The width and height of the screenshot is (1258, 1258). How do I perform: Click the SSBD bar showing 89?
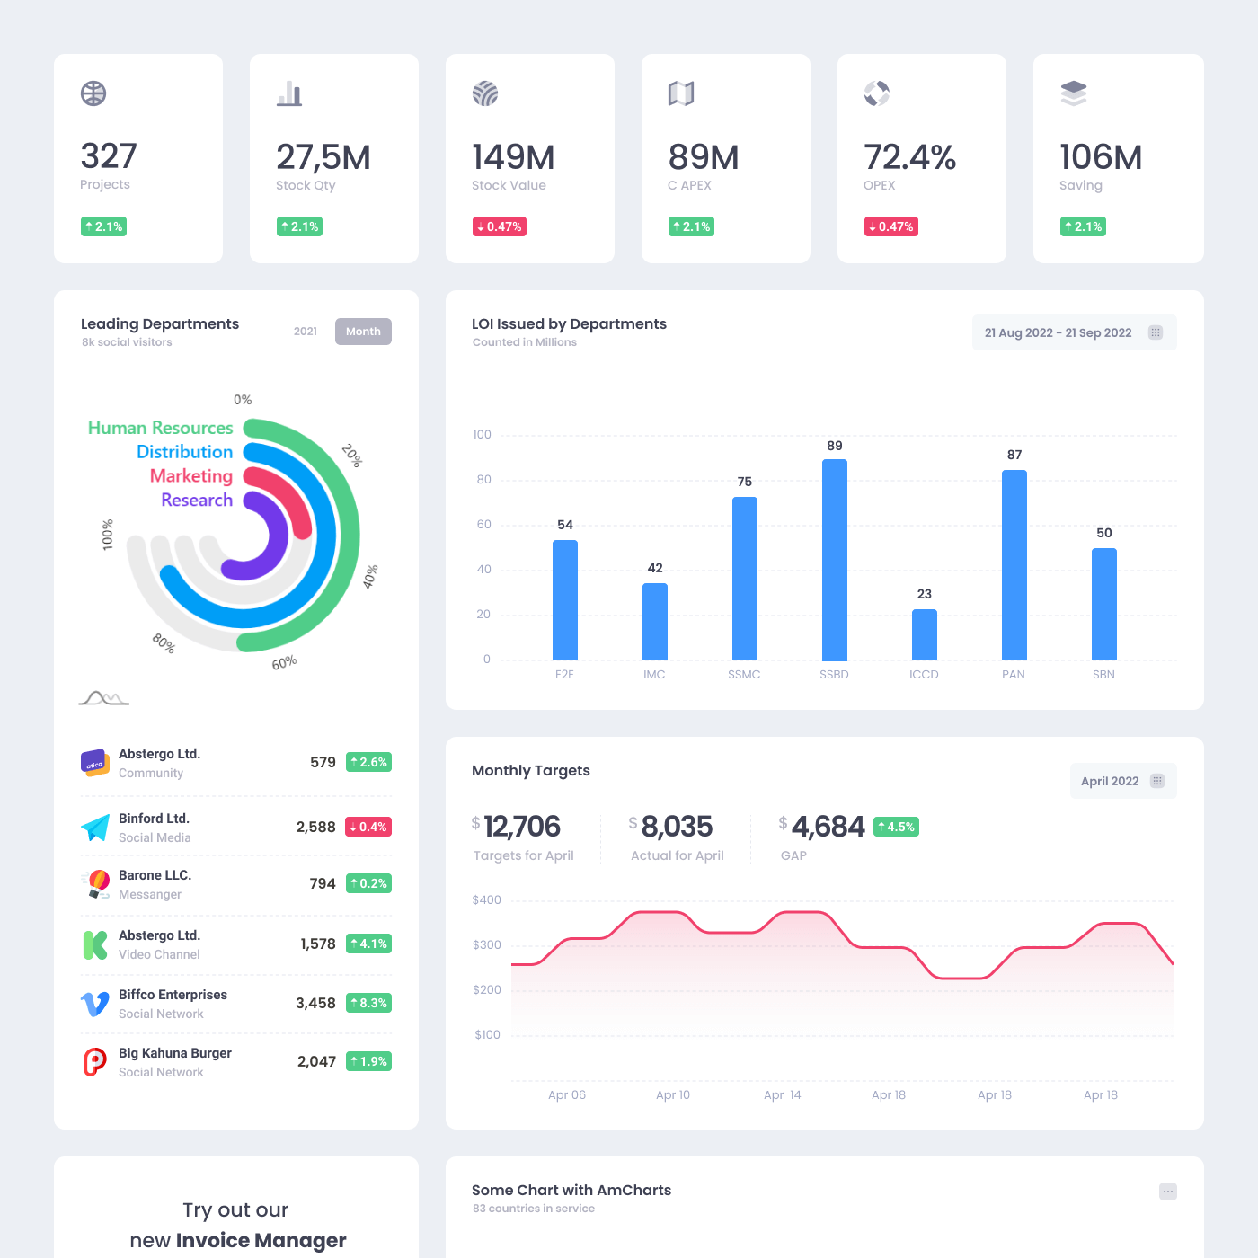coord(834,559)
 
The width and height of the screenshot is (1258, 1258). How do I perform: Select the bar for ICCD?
coord(924,634)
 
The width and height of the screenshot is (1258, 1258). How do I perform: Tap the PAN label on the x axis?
coord(1013,674)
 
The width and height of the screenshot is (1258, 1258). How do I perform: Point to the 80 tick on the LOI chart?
coord(484,480)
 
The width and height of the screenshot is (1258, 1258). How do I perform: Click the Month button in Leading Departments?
coord(363,332)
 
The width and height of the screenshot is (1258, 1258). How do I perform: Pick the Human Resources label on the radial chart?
coord(160,428)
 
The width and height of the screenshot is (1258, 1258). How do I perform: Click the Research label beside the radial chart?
coord(197,500)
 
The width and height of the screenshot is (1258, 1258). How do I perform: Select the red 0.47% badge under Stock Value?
coord(500,226)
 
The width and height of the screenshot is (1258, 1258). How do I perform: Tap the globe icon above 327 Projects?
coord(93,93)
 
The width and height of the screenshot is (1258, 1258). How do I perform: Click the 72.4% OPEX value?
coord(909,157)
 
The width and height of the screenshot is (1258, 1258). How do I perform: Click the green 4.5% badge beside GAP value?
coord(896,827)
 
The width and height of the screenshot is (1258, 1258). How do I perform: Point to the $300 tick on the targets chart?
coord(487,944)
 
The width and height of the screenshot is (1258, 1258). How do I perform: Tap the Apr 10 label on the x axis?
coord(673,1094)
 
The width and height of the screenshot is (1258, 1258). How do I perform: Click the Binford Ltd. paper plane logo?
coord(95,828)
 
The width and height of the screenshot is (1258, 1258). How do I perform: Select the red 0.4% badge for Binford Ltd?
coord(368,827)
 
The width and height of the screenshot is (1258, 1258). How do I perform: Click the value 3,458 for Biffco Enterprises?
coord(315,1003)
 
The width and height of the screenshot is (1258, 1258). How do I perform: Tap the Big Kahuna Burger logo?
coord(95,1062)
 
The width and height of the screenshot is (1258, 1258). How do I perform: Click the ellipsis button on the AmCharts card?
coord(1167,1192)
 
